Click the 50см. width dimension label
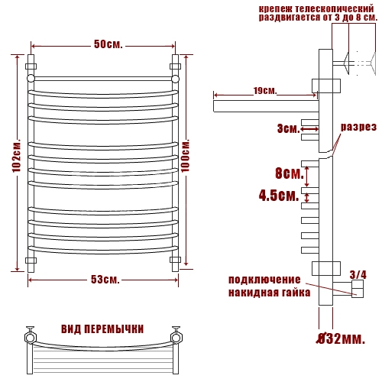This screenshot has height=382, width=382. click(108, 44)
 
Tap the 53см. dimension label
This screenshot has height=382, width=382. click(105, 280)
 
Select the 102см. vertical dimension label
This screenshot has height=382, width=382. click(17, 156)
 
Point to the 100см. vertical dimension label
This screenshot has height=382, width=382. click(186, 156)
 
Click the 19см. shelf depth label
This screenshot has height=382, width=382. click(265, 91)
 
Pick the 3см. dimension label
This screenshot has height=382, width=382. click(289, 128)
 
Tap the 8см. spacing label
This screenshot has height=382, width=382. click(290, 173)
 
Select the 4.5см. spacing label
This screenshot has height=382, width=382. click(279, 196)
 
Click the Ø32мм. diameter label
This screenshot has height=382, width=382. click(342, 338)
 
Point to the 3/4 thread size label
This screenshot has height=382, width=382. click(358, 275)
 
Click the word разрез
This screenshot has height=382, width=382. click(358, 127)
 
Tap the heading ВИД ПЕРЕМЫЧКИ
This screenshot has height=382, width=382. click(102, 329)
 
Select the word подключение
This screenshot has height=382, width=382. click(264, 280)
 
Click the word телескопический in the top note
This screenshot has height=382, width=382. click(335, 9)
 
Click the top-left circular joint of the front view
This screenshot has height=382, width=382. click(31, 78)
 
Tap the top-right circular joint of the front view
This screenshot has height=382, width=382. click(176, 79)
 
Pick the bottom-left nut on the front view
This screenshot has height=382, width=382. click(31, 261)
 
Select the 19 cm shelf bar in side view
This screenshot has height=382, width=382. click(266, 106)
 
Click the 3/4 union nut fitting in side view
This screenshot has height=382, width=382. click(358, 289)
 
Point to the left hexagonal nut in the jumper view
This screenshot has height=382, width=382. click(31, 338)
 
